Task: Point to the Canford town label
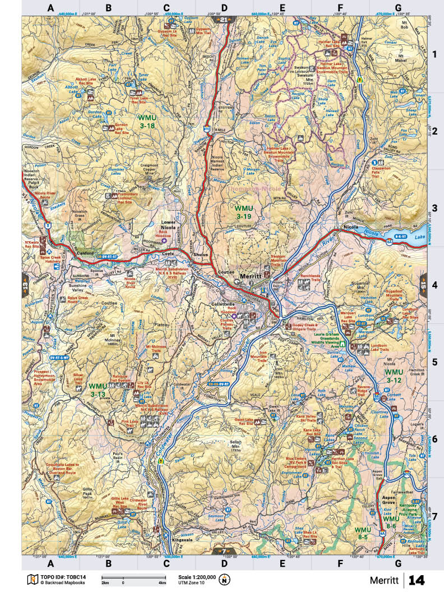85,253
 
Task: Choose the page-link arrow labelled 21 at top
224,20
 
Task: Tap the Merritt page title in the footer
384,579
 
